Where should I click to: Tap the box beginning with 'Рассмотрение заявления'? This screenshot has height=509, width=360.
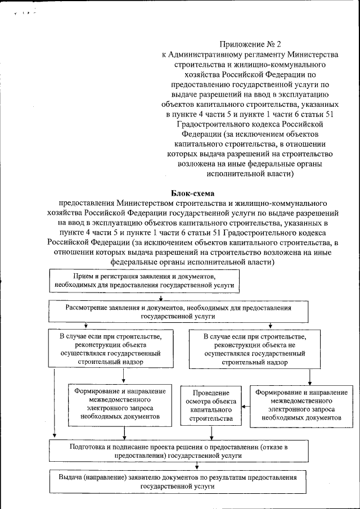178,312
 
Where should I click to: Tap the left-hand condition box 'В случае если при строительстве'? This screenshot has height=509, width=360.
111,349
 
